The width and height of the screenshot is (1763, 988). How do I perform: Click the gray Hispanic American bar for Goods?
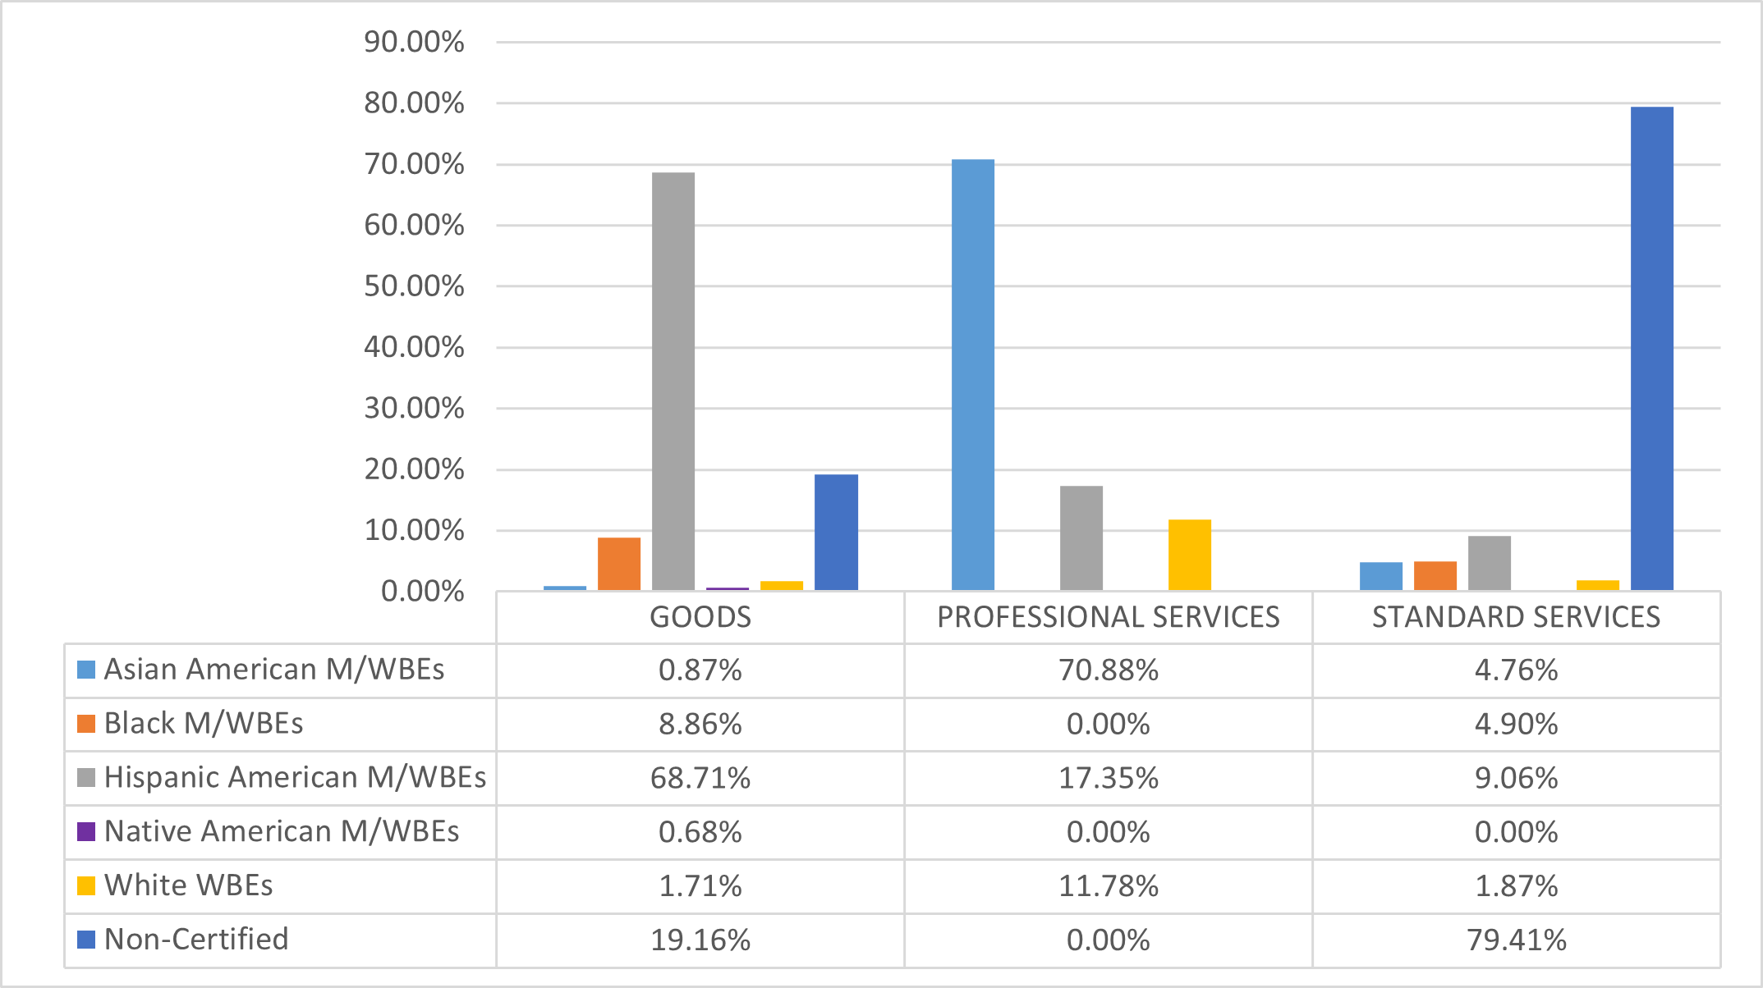(x=673, y=382)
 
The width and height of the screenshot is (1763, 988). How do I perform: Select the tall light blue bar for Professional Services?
(x=973, y=375)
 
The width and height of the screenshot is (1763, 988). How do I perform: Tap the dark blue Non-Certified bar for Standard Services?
(x=1652, y=349)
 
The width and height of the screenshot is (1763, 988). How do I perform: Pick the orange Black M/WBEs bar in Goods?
(x=619, y=564)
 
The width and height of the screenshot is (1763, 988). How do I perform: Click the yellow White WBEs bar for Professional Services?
(x=1190, y=555)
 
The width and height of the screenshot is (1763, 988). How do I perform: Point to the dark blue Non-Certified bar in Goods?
(x=836, y=533)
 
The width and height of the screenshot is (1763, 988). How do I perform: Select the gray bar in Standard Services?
(x=1490, y=563)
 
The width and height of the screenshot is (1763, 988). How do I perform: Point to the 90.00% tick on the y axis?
(x=414, y=42)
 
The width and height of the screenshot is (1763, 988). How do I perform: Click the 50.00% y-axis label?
(x=414, y=286)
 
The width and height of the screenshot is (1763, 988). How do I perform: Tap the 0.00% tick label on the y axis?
(x=422, y=592)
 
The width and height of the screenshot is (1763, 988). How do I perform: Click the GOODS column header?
(x=700, y=617)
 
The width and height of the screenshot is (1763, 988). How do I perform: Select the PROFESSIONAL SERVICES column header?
(x=1109, y=617)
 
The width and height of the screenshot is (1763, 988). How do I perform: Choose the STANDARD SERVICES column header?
(x=1516, y=617)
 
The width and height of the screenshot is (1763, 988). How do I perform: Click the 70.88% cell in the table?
(x=1109, y=670)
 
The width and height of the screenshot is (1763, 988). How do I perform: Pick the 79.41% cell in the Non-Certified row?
(x=1516, y=940)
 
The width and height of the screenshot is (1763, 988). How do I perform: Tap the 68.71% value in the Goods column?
(x=700, y=778)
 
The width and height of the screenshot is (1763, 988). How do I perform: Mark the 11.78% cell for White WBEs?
(x=1109, y=886)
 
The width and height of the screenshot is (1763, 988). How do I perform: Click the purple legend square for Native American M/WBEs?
(x=86, y=831)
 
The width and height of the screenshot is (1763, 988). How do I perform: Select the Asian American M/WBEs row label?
(x=273, y=670)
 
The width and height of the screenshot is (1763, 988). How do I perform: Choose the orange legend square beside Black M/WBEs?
(x=86, y=724)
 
